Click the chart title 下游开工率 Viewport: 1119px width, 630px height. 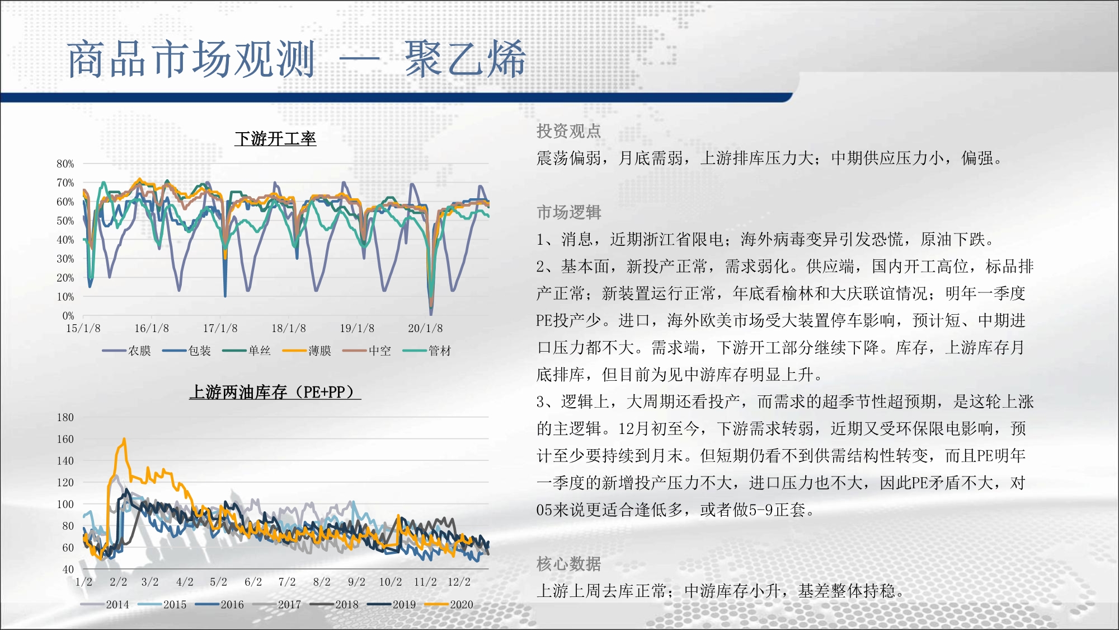[x=275, y=138]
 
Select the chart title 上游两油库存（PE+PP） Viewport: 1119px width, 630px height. [x=275, y=392]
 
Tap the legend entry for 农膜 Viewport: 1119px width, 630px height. [x=126, y=351]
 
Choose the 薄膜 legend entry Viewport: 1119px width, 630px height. [x=307, y=351]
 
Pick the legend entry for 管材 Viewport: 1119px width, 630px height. [x=427, y=351]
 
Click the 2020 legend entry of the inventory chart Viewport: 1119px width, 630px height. [x=449, y=605]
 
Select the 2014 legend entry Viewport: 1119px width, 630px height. [x=105, y=605]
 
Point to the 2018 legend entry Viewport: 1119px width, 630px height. [x=335, y=605]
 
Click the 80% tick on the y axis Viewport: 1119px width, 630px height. [x=65, y=164]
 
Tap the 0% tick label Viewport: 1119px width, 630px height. [x=68, y=316]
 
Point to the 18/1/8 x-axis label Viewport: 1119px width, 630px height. [x=289, y=329]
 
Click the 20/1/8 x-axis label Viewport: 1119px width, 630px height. [x=425, y=329]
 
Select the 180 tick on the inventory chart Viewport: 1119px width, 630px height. [x=65, y=418]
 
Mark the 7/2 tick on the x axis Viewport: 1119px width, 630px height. [x=287, y=582]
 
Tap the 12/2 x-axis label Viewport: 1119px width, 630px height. [x=459, y=582]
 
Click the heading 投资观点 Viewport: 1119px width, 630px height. [x=568, y=131]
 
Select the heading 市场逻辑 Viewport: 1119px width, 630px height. [x=568, y=212]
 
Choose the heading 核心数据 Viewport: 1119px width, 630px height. [x=568, y=564]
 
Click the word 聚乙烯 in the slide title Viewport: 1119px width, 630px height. [x=465, y=59]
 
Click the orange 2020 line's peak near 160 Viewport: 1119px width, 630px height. [x=124, y=439]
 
